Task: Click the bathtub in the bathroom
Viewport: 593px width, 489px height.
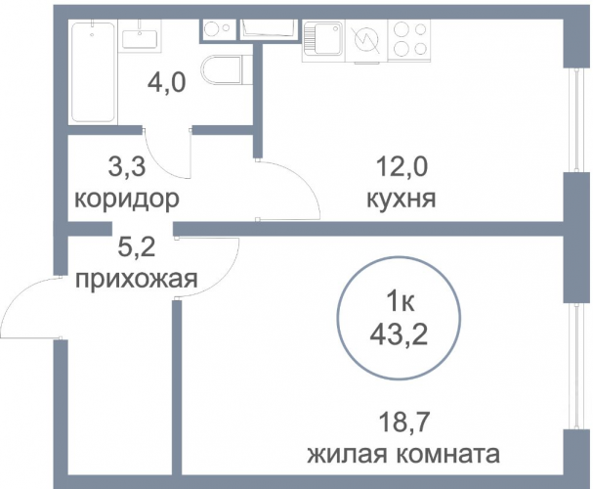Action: coord(93,72)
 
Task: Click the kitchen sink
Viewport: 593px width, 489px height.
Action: coord(323,40)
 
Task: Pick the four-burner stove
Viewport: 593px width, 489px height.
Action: coord(409,39)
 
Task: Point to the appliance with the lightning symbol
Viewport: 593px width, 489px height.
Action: coord(366,41)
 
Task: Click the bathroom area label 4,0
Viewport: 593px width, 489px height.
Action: coord(166,83)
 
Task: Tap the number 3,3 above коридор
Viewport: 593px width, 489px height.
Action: coord(127,167)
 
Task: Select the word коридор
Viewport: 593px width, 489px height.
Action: coord(127,199)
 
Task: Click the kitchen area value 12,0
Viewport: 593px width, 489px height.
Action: coord(402,167)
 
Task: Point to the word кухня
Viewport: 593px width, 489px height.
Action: coord(402,199)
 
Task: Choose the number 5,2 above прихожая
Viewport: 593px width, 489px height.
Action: coord(137,247)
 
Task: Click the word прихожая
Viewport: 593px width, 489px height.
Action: coord(137,280)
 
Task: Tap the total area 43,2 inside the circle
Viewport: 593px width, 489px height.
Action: coord(399,334)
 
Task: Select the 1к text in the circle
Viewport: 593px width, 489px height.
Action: coord(399,302)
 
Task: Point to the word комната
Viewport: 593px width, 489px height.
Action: coord(449,455)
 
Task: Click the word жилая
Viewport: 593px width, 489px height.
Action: coord(350,456)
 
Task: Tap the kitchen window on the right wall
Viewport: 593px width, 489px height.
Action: coord(576,120)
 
